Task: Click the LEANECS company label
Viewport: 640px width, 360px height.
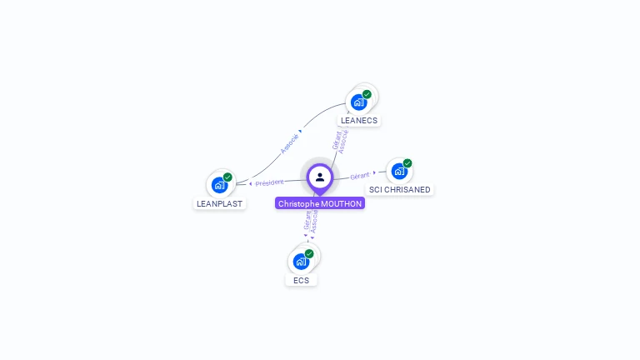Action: point(359,120)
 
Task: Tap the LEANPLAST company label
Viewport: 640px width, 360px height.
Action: point(220,203)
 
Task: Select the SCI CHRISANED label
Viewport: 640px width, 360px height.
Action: point(400,190)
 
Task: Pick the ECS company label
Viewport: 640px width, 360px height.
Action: point(302,280)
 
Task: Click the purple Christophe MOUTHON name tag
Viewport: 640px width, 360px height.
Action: point(320,203)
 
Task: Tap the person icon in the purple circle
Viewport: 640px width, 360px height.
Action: point(320,177)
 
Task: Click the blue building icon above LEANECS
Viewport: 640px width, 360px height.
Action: point(358,102)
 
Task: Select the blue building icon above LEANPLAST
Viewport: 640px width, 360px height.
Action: point(219,185)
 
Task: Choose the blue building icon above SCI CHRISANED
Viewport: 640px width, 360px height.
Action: point(399,172)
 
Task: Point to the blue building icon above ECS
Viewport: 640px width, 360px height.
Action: point(301,262)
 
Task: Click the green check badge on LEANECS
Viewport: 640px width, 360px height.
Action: point(367,94)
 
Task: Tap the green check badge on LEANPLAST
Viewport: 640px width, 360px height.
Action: point(227,177)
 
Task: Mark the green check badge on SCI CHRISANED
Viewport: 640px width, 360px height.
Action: point(407,163)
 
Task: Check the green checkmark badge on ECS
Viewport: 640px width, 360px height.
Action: point(309,253)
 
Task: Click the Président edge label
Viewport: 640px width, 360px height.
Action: point(269,182)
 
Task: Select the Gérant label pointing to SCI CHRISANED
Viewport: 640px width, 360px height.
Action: point(360,176)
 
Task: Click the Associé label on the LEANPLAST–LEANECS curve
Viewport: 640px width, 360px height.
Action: point(289,142)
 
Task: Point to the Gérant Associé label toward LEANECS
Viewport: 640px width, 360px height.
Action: point(340,141)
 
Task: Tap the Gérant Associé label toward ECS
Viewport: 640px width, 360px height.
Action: point(311,221)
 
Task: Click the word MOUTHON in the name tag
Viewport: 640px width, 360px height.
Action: point(342,203)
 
